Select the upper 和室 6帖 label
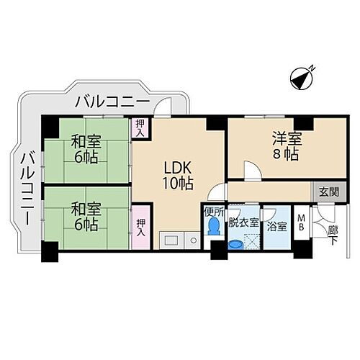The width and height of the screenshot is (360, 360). (85, 148)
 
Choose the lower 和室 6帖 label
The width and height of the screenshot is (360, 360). (85, 216)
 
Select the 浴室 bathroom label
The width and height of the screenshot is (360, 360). (276, 225)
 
